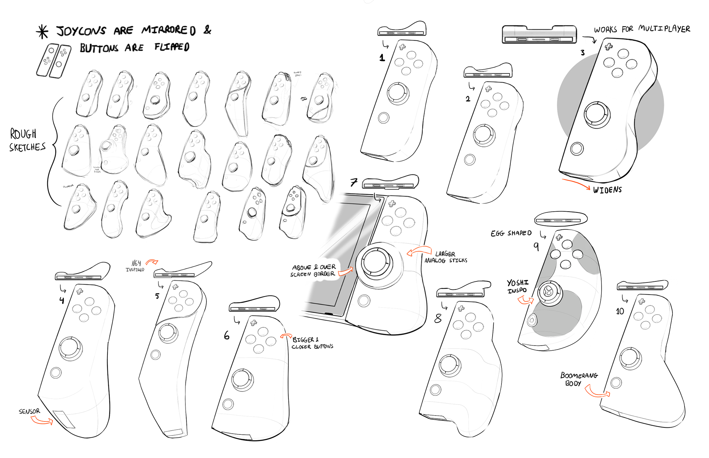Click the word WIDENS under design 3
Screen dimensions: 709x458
pyautogui.click(x=607, y=190)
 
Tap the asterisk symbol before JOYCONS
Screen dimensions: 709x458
pyautogui.click(x=42, y=32)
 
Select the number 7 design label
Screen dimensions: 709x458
pyautogui.click(x=354, y=182)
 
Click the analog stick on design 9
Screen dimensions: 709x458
pyautogui.click(x=549, y=292)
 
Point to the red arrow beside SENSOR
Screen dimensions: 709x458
pyautogui.click(x=41, y=420)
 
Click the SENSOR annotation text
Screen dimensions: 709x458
pyautogui.click(x=29, y=411)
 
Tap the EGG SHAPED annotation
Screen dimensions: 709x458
pyautogui.click(x=511, y=233)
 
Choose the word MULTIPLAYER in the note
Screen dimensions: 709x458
pyautogui.click(x=664, y=29)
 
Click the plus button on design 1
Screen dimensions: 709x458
pyautogui.click(x=402, y=47)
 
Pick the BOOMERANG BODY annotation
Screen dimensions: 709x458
pyautogui.click(x=578, y=379)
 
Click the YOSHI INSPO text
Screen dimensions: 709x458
pyautogui.click(x=517, y=286)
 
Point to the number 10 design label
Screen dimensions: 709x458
pyautogui.click(x=620, y=312)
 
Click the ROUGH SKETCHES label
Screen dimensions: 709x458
pyautogui.click(x=27, y=140)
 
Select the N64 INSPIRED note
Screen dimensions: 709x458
pyautogui.click(x=135, y=266)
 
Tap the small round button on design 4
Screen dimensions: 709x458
pyautogui.click(x=56, y=372)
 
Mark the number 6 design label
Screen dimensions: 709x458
pyautogui.click(x=227, y=335)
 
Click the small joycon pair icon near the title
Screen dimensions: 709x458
pyautogui.click(x=54, y=61)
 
